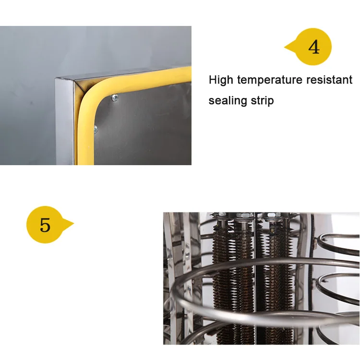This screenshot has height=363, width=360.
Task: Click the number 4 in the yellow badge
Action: [x=314, y=47]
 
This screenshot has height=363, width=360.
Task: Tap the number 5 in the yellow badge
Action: [x=45, y=224]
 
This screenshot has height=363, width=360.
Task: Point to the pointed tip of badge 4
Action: [x=285, y=48]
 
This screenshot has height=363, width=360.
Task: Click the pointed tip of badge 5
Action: [x=73, y=224]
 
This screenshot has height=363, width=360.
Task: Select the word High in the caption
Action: [x=221, y=80]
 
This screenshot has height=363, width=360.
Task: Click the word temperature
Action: [x=270, y=80]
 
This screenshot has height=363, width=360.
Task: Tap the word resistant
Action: [x=329, y=80]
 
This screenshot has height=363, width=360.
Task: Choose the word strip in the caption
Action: [x=263, y=101]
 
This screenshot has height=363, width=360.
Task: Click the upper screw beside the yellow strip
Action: [x=115, y=98]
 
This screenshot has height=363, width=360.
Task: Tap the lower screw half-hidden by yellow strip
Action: [x=96, y=130]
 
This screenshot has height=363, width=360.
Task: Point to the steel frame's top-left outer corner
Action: [x=56, y=78]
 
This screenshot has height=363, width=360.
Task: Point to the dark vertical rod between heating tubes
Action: [x=256, y=278]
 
